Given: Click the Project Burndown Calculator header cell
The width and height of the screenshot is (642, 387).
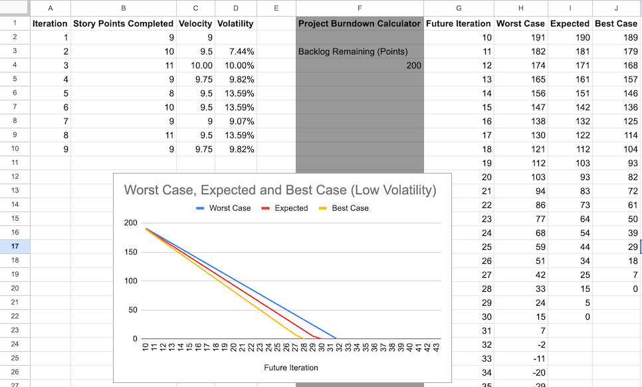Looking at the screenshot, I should coord(360,23).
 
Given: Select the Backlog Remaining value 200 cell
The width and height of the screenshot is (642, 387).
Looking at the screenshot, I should coord(360,65).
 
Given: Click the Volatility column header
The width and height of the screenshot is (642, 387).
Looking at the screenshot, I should coord(235,23).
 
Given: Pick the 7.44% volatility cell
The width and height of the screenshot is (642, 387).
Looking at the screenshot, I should coord(235,51).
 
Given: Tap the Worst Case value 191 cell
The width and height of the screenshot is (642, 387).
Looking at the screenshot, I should coord(520,37).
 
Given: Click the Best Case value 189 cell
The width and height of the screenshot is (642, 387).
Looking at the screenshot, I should coord(616,37).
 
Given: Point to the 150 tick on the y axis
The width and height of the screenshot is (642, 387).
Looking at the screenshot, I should coord(130,252).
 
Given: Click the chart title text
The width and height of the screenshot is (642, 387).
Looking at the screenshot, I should coord(280,190).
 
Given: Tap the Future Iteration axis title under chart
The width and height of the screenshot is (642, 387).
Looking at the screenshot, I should coord(290,368).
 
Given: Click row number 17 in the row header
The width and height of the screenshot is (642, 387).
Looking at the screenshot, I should coord(14,246).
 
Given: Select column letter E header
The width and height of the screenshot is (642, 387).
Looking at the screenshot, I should coord(276,8).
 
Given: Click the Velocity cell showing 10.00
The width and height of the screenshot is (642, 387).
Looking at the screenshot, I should coord(195,65).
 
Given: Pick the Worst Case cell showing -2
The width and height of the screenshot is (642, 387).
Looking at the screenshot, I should coord(520,344).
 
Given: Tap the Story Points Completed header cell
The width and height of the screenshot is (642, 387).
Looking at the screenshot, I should coord(123,23).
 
